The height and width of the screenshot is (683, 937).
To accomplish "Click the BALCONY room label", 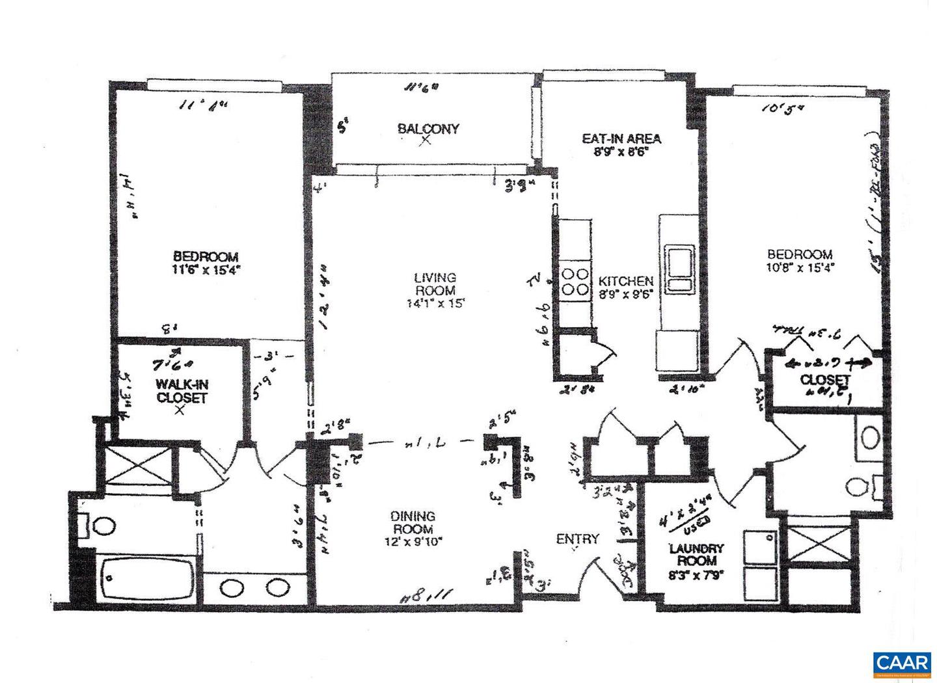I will pos(428,128).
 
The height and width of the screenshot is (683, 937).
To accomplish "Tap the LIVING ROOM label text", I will pos(435,284).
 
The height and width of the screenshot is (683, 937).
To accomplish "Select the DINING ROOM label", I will pos(413,522).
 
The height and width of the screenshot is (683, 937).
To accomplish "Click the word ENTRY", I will pos(577,539).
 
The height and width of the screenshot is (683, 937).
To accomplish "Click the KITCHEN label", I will pos(625,281).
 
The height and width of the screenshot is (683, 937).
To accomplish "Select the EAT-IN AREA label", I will pos(621,138).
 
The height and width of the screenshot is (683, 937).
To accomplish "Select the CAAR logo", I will pos(901,663).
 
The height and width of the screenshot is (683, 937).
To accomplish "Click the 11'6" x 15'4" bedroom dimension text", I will pos(206,269).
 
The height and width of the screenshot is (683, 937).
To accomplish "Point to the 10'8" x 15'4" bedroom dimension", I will pos(800,267).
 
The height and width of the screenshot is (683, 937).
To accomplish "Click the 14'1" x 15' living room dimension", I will pos(435,302).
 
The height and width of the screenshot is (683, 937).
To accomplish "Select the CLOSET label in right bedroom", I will pos(825,379).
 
